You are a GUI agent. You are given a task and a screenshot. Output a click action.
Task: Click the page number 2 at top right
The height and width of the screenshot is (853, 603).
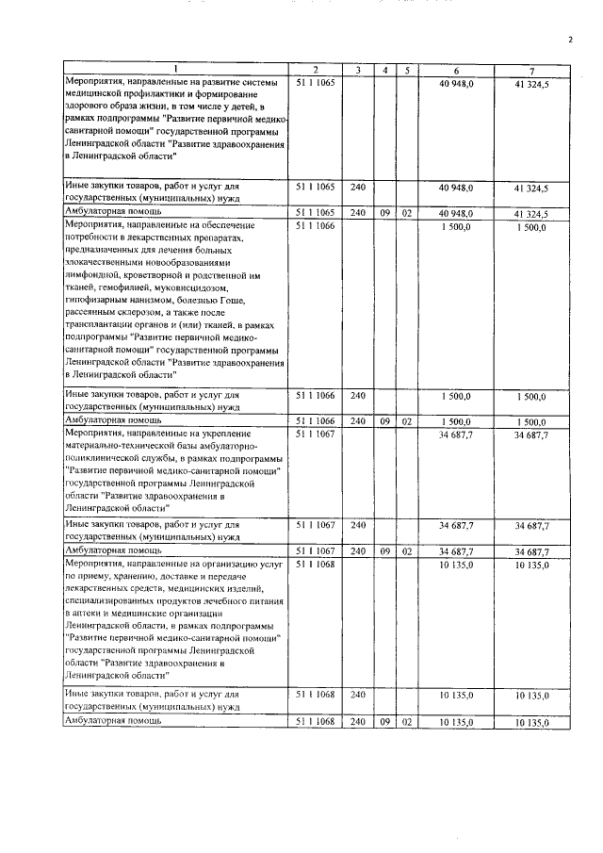point(570,40)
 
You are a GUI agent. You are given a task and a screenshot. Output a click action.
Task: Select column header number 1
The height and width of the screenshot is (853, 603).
point(175,72)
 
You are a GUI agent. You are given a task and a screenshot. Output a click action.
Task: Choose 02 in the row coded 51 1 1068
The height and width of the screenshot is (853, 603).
point(407,722)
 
